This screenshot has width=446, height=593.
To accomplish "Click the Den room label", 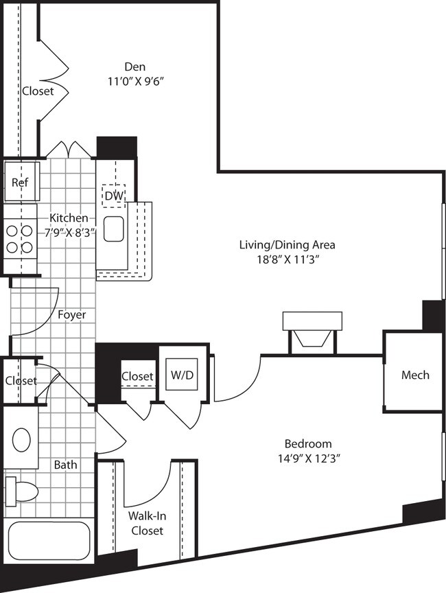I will click(x=134, y=67).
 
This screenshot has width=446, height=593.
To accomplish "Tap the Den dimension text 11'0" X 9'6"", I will click(x=134, y=80).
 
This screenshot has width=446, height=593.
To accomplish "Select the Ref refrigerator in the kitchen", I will click(x=21, y=183).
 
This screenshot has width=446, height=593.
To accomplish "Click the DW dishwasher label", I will click(x=113, y=196).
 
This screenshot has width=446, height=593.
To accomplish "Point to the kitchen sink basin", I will click(x=113, y=229).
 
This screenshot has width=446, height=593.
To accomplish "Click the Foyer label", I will click(x=72, y=315).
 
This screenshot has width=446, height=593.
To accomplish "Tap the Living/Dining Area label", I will click(x=287, y=244).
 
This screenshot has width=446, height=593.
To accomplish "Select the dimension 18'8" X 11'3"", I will click(x=287, y=259).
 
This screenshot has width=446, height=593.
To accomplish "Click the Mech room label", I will click(x=415, y=375).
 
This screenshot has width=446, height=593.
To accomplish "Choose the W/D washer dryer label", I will click(x=181, y=375).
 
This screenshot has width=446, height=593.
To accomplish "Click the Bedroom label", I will click(x=309, y=443).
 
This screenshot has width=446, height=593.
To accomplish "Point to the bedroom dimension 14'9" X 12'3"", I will click(x=309, y=458).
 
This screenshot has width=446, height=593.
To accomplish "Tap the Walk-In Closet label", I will click(x=145, y=524).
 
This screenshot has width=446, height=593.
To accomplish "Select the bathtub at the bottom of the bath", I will click(x=48, y=542).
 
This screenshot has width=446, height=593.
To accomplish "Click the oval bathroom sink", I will click(x=21, y=440).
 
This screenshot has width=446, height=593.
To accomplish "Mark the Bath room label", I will click(x=66, y=465).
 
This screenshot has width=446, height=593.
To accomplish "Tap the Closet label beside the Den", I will click(x=37, y=91).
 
